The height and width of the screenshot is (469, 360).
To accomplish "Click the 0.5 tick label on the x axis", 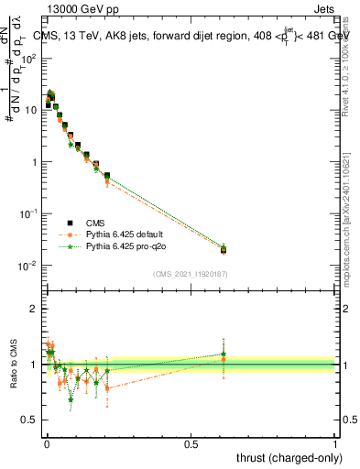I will pyautogui.click(x=191, y=442).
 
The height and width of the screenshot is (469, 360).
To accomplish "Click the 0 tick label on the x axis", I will pyautogui.click(x=47, y=442).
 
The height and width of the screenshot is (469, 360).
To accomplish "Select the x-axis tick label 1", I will pyautogui.click(x=335, y=442).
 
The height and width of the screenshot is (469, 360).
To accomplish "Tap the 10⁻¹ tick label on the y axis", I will pyautogui.click(x=30, y=213).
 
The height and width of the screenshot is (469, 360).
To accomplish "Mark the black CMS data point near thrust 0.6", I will pyautogui.click(x=224, y=249).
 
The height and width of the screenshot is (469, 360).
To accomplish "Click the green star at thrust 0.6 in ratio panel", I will pyautogui.click(x=224, y=354).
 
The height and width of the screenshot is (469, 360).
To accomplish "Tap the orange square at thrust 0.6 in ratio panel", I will pyautogui.click(x=224, y=359).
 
